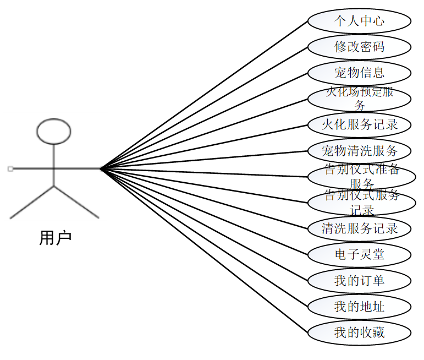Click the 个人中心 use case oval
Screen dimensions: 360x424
click(x=359, y=21)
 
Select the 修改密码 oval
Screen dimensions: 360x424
click(x=359, y=47)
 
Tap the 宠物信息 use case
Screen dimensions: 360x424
click(x=359, y=73)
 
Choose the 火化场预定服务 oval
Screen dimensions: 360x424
click(x=359, y=99)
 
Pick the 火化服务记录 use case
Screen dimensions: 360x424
click(x=359, y=124)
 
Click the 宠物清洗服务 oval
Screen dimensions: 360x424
click(x=359, y=150)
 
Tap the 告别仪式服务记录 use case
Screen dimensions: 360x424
click(x=361, y=202)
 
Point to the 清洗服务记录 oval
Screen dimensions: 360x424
click(x=359, y=228)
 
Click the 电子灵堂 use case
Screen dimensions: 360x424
click(x=359, y=254)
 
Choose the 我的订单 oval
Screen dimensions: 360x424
click(x=359, y=281)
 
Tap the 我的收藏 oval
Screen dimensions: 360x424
click(x=359, y=332)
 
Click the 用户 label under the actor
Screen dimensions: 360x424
click(x=56, y=238)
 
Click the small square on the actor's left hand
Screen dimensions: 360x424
click(x=10, y=169)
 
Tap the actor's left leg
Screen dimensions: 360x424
click(x=32, y=202)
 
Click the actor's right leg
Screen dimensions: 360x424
click(x=76, y=202)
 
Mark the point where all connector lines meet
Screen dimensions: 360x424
click(x=101, y=168)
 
